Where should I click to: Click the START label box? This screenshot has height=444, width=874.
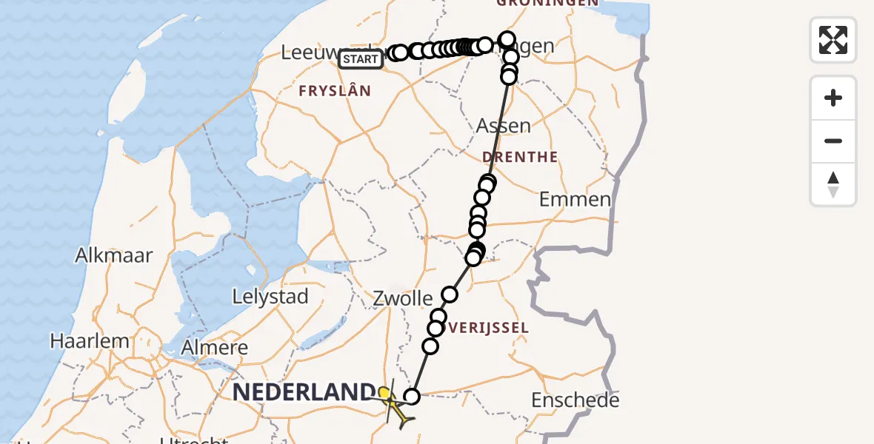tap(361, 59)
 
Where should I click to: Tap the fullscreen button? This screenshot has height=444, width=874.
tap(833, 40)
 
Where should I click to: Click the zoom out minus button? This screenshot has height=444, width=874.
tap(833, 141)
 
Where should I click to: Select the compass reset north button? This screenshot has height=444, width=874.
tap(833, 184)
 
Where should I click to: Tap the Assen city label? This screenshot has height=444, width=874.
tap(504, 126)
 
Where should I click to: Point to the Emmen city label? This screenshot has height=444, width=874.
tap(575, 199)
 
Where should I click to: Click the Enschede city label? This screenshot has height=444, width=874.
tap(575, 401)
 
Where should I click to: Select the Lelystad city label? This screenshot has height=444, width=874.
tap(270, 297)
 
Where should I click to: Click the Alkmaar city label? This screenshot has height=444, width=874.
tap(114, 256)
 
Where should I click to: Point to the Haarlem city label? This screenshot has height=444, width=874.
tap(89, 342)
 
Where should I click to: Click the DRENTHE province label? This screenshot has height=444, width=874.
tap(519, 157)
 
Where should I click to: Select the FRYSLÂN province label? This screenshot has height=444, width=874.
tap(334, 91)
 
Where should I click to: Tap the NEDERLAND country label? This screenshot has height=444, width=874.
tap(304, 391)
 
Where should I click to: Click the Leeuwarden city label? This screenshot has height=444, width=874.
tap(311, 53)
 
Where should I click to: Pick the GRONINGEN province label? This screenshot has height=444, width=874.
tap(547, 4)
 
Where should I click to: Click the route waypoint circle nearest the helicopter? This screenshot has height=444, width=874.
tap(412, 397)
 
